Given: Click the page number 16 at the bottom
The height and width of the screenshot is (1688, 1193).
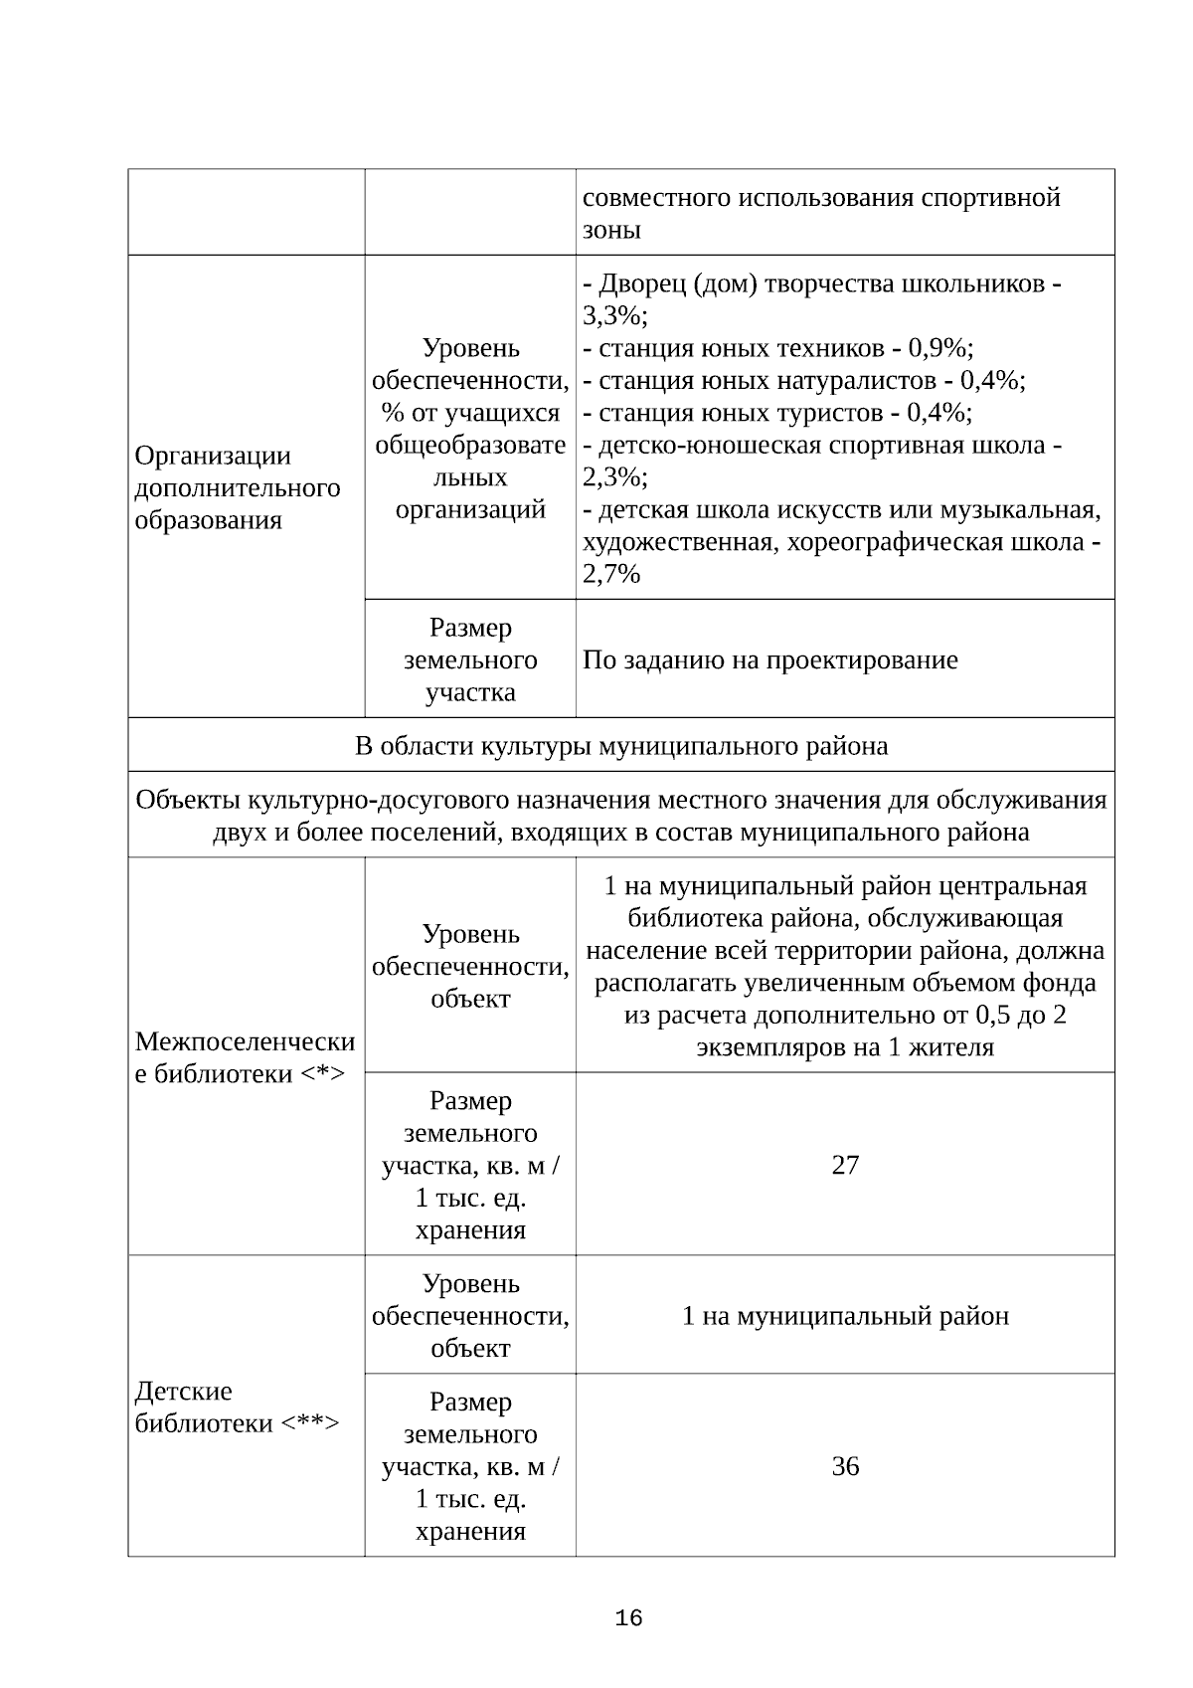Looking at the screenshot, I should pos(628,1618).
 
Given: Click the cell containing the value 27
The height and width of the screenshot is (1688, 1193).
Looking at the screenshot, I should pos(844,1165).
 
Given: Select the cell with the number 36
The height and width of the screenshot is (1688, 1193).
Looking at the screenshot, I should pos(844,1466).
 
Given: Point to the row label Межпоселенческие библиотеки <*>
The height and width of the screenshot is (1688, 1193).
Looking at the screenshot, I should pos(245,1057).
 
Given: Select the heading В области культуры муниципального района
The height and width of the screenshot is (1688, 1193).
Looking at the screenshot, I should pos(621,745).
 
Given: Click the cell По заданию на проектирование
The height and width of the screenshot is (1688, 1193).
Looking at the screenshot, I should pos(769,659).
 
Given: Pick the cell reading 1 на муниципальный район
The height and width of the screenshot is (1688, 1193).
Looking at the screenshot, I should pos(844,1316).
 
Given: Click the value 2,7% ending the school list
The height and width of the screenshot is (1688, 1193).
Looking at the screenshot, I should pos(611,574).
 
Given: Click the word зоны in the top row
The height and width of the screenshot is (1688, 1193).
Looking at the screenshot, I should pos(611,230).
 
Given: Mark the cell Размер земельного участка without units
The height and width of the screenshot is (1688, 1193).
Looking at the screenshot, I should pos(470,659).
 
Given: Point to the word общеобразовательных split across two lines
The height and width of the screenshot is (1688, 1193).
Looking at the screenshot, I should pos(470,445).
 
